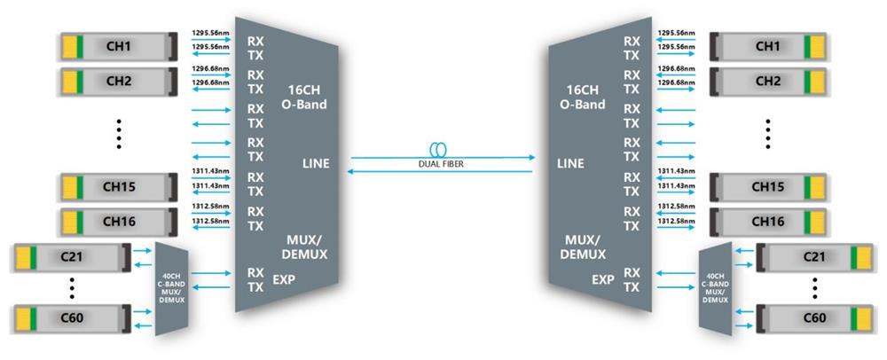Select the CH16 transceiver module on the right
point(767,221)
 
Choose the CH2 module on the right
point(767,81)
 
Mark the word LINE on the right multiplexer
point(569,164)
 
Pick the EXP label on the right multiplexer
point(603,280)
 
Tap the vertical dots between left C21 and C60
point(72,288)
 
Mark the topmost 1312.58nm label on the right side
point(676,206)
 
